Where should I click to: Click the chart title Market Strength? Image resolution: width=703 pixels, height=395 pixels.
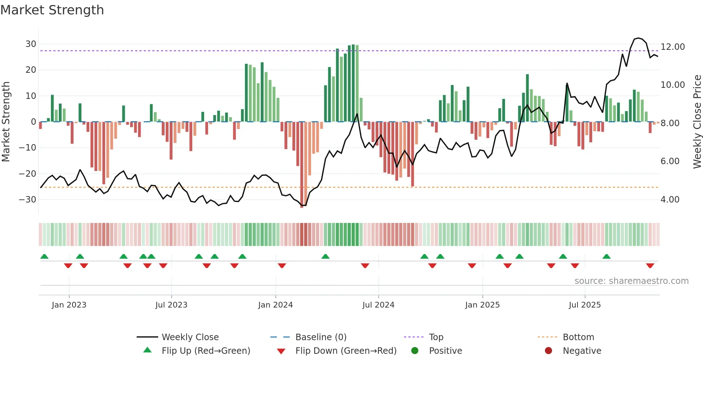click(x=52, y=10)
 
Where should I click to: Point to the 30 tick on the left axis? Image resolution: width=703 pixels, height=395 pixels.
click(x=31, y=44)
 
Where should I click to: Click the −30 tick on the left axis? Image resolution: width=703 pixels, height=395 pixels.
click(x=28, y=200)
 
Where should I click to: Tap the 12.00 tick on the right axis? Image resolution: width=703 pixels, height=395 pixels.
click(x=673, y=47)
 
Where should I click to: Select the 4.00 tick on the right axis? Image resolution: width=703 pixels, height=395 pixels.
click(x=670, y=200)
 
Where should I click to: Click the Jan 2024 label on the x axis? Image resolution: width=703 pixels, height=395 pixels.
click(x=275, y=305)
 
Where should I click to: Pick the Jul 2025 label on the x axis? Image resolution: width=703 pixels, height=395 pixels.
click(x=584, y=305)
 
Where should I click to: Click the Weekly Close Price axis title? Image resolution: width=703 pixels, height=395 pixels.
click(x=697, y=122)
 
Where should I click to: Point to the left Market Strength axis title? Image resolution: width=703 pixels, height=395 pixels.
click(x=6, y=122)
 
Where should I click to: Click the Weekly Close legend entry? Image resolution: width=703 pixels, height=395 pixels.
click(x=190, y=337)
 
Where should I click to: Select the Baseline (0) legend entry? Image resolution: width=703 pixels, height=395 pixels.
click(x=321, y=337)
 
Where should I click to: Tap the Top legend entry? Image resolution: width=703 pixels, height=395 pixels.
click(x=436, y=337)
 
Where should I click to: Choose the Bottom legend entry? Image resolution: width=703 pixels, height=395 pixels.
click(x=578, y=337)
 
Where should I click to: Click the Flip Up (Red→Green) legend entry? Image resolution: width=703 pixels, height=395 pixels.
click(x=206, y=351)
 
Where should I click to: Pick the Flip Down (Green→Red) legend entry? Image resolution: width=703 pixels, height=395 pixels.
click(x=346, y=351)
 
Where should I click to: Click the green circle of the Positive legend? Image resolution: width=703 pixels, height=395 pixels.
click(x=415, y=351)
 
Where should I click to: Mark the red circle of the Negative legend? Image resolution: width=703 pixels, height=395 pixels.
click(x=548, y=351)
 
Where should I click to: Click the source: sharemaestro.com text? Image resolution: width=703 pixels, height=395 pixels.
click(x=631, y=281)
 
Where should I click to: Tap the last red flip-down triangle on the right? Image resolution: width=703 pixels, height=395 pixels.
click(x=650, y=266)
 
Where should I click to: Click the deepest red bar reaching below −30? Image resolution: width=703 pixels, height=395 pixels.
click(x=302, y=165)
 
